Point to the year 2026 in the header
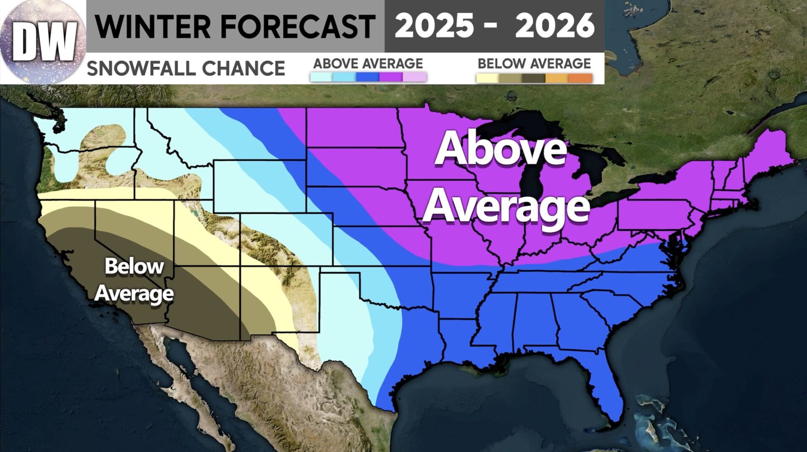click(x=554, y=25)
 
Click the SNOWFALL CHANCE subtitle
click(x=186, y=68)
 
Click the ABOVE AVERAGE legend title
click(x=368, y=64)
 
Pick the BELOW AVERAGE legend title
click(x=534, y=64)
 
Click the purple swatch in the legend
click(x=391, y=77)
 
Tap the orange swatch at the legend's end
click(x=580, y=78)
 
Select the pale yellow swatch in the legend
click(x=488, y=78)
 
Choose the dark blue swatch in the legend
click(x=367, y=77)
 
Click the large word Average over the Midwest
click(x=506, y=205)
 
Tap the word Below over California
click(x=134, y=266)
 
